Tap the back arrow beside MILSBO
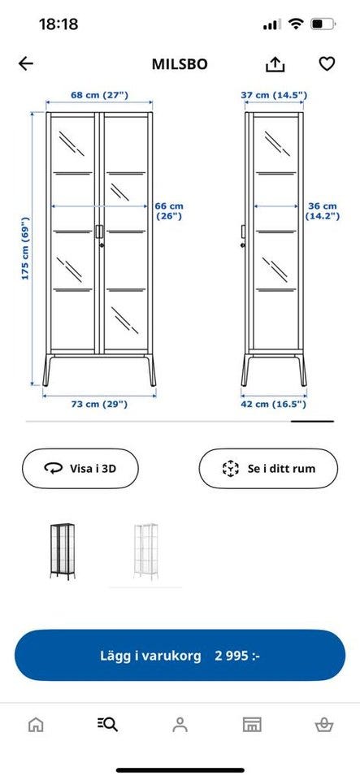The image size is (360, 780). click(x=26, y=63)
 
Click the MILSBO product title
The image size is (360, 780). click(x=180, y=64)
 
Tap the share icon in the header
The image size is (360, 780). click(x=275, y=63)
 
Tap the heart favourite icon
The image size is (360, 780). click(x=327, y=63)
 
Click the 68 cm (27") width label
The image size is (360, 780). click(x=99, y=94)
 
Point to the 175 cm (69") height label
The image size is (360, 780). click(x=25, y=249)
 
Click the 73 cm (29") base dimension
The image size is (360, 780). click(x=98, y=404)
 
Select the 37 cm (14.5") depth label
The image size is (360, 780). click(x=275, y=94)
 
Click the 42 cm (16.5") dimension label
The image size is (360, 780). click(x=274, y=404)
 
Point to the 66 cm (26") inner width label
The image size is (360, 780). click(x=170, y=211)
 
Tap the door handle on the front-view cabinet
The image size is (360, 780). click(x=99, y=232)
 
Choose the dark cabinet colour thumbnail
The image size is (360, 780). click(x=63, y=551)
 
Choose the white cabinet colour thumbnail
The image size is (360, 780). click(x=145, y=551)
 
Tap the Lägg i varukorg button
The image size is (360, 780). click(x=180, y=655)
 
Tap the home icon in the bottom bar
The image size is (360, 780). click(x=35, y=724)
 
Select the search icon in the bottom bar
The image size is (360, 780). click(x=107, y=724)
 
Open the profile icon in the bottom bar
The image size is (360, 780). click(x=180, y=724)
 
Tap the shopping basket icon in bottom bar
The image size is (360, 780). click(x=324, y=724)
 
